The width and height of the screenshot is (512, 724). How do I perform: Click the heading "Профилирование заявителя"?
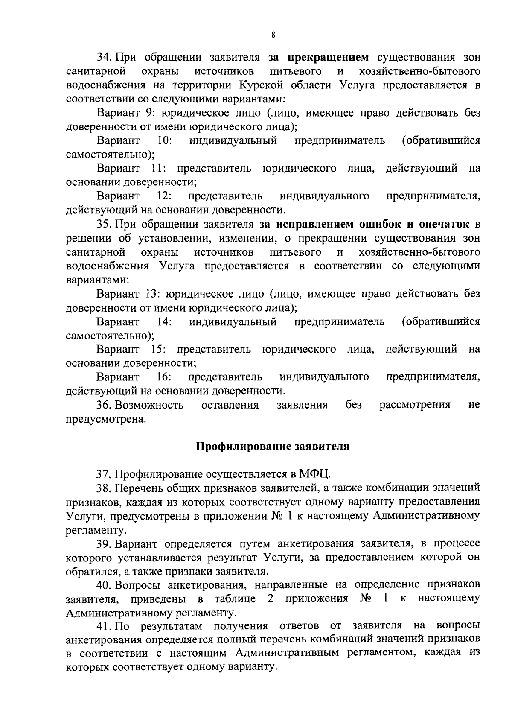click(x=273, y=447)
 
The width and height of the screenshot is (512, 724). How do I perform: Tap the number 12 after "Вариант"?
click(x=164, y=196)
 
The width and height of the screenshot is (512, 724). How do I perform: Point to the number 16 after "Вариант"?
click(x=164, y=377)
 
